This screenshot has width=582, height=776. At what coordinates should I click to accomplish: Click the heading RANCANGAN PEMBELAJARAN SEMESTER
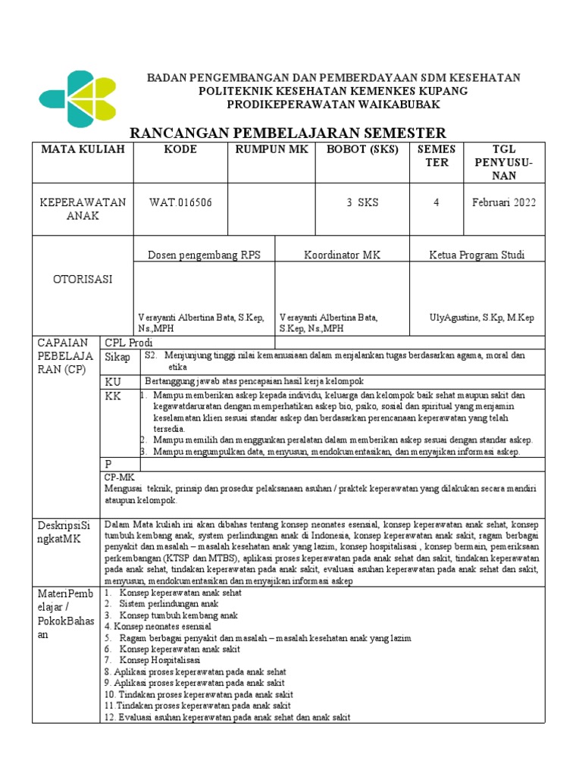pos(289,133)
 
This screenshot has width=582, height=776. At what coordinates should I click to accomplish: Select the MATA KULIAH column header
pos(82,149)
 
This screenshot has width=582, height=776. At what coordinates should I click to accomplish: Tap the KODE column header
pos(180,149)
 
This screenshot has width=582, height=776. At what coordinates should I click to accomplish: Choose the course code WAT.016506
pos(180,202)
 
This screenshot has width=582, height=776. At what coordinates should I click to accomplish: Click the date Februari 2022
pos(502,202)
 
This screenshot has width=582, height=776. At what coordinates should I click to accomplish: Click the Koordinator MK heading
pos(342,255)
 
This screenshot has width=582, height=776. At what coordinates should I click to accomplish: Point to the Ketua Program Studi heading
pos(476,255)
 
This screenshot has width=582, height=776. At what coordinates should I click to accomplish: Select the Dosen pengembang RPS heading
pos(204,255)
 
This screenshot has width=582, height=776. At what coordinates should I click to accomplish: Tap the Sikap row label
pos(117,357)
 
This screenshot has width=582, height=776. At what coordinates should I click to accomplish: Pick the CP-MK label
pos(119,477)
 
